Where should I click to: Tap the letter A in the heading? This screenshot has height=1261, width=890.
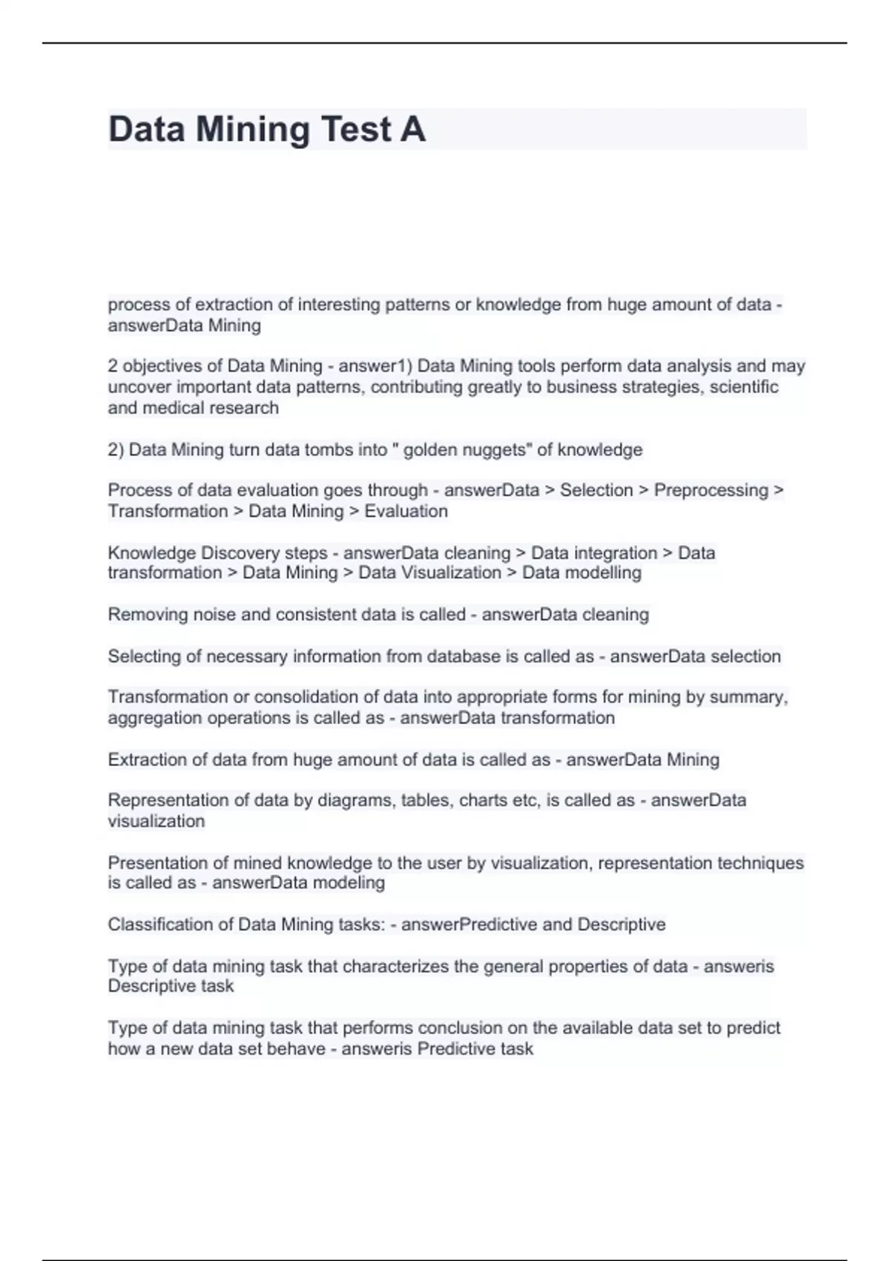pos(413,129)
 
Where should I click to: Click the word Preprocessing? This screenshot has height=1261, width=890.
pos(711,490)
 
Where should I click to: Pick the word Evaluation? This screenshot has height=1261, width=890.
pos(406,511)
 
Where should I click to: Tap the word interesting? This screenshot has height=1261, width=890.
pos(337,305)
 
